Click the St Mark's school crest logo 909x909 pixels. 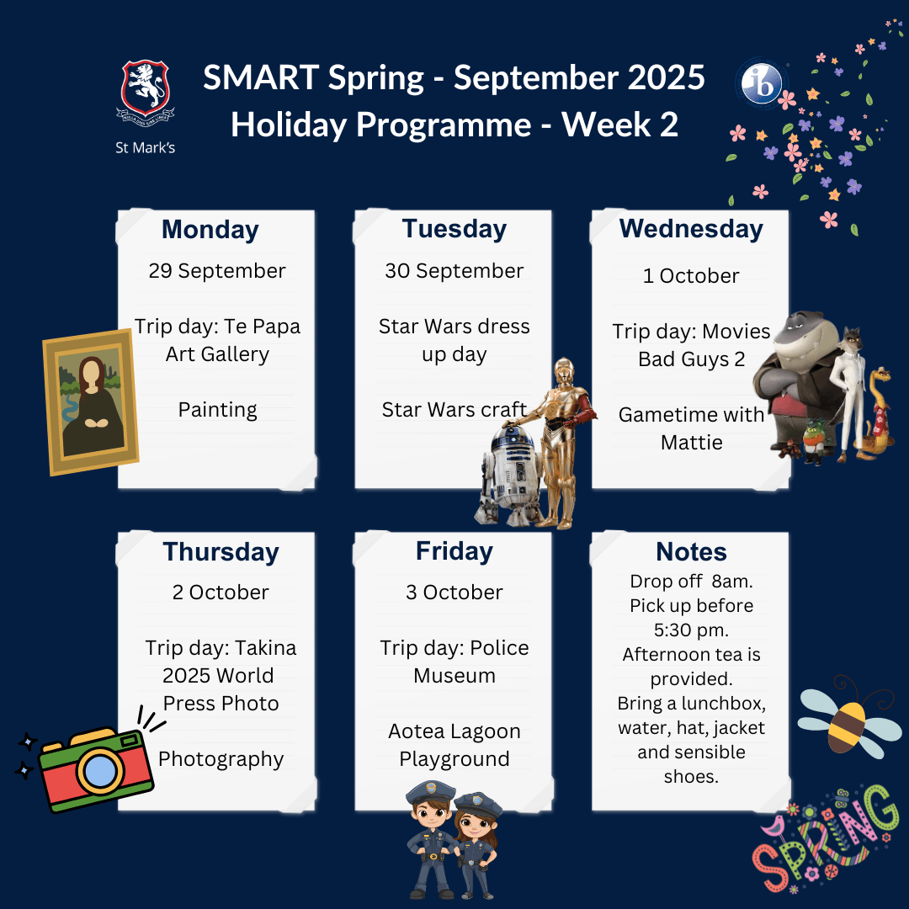[145, 90]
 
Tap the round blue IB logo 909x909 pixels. [761, 83]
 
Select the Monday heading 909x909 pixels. [210, 230]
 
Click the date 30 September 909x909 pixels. [454, 271]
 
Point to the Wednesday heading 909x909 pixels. [691, 229]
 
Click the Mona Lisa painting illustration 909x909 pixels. [90, 401]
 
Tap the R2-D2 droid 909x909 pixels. [508, 476]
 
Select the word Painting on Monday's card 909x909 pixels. [217, 410]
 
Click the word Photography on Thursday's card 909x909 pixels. [221, 759]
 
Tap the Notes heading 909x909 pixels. [691, 551]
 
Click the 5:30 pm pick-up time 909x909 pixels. [691, 630]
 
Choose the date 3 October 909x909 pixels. [454, 593]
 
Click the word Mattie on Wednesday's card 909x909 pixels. [691, 443]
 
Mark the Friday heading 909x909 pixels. [454, 551]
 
